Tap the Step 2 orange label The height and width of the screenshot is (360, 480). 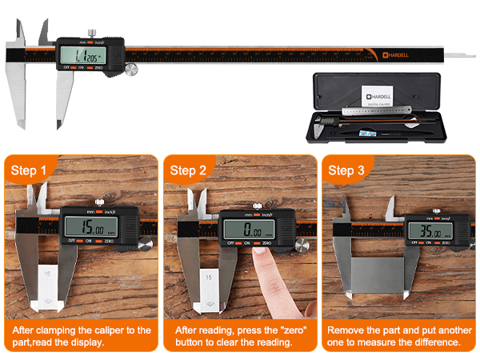pyautogui.click(x=189, y=170)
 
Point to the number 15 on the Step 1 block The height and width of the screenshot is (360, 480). pyautogui.click(x=49, y=274)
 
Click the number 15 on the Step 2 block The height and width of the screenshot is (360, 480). pyautogui.click(x=209, y=277)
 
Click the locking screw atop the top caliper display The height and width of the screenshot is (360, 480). pyautogui.click(x=92, y=33)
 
